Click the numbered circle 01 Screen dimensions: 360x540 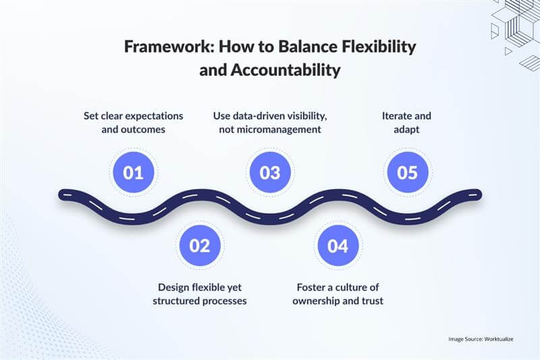[x=134, y=172]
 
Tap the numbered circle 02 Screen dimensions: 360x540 [x=200, y=245]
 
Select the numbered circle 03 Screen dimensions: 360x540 [x=270, y=172]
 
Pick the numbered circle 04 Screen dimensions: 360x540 [x=337, y=245]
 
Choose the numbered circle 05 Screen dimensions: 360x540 [x=408, y=172]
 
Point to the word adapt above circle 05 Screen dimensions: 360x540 [x=408, y=129]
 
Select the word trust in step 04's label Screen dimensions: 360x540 [x=371, y=301]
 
